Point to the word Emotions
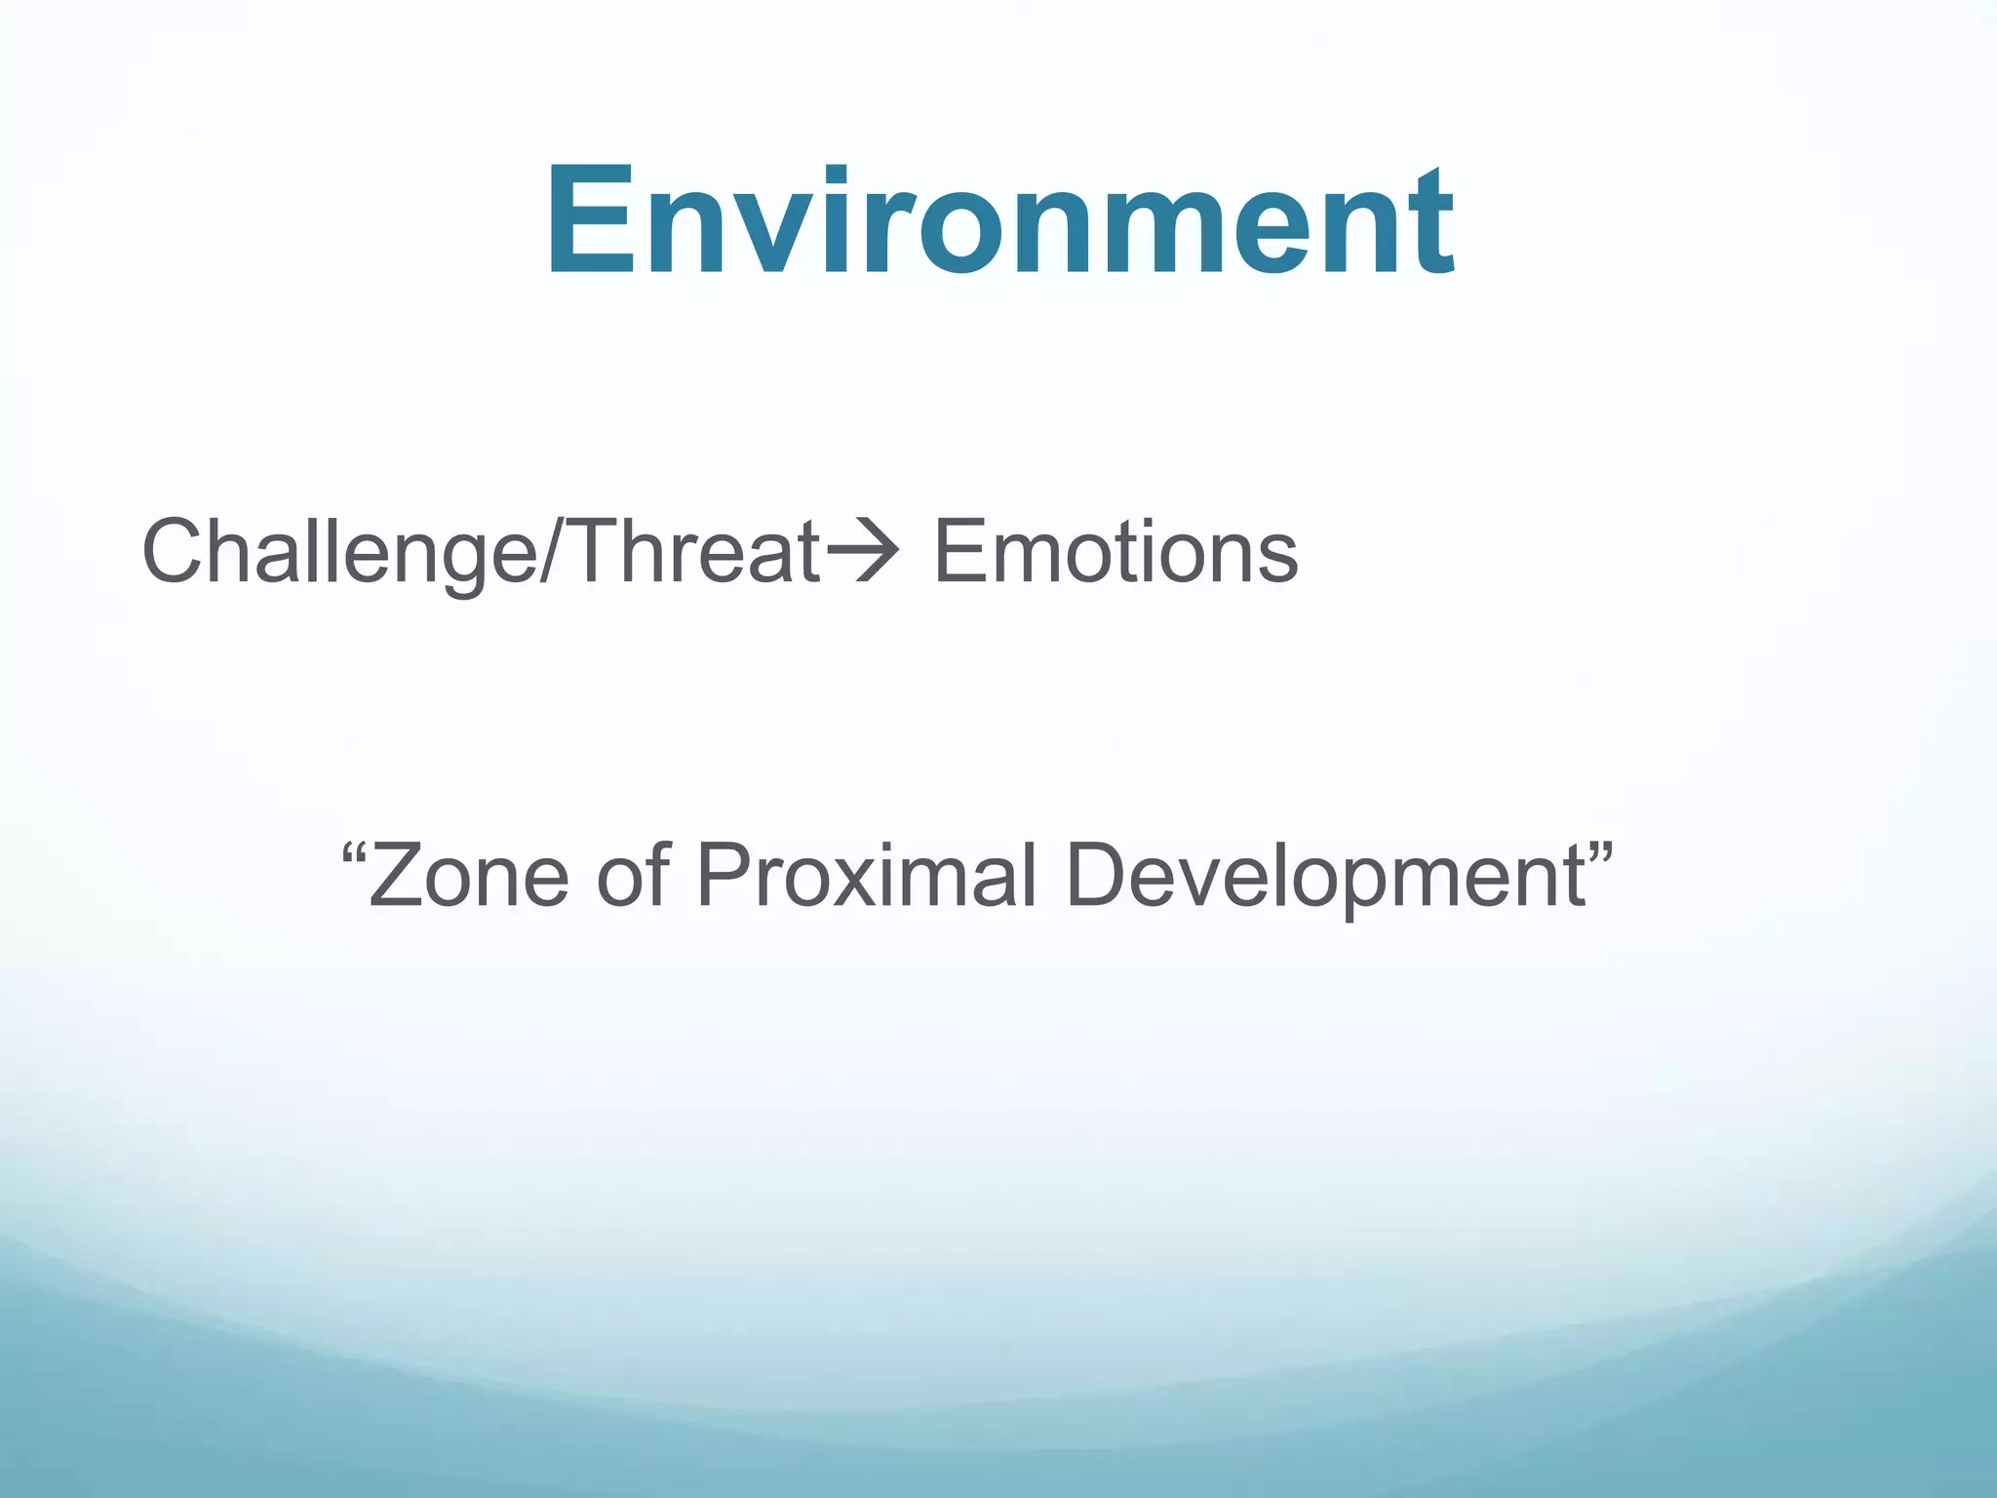[x=1116, y=552]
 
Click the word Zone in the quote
[x=468, y=875]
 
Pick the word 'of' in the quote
[x=633, y=875]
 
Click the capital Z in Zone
[x=400, y=875]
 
